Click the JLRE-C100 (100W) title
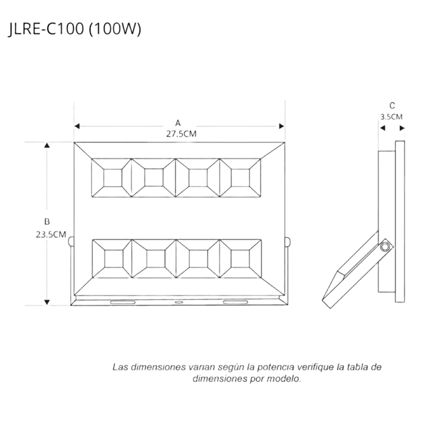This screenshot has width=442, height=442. click(x=75, y=29)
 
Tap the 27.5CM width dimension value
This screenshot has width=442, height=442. click(x=181, y=134)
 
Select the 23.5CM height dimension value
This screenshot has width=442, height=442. click(x=51, y=235)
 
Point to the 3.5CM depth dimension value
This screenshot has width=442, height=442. click(x=391, y=116)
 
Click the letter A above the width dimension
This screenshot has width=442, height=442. click(x=178, y=123)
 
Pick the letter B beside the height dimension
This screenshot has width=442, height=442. click(x=47, y=222)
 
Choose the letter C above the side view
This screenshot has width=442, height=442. click(x=392, y=106)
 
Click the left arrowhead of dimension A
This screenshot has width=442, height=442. click(x=77, y=126)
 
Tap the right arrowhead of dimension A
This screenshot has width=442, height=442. click(x=282, y=126)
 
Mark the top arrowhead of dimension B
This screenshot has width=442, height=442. click(x=47, y=145)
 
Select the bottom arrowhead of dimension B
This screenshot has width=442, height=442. click(x=47, y=303)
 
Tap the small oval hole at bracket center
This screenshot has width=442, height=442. click(x=178, y=302)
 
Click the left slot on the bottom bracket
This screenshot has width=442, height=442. click(x=123, y=302)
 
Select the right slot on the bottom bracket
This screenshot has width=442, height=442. click(x=236, y=302)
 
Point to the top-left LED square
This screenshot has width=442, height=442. click(x=113, y=178)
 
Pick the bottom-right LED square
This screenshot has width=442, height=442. click(x=240, y=258)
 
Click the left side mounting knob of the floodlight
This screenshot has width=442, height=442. click(x=71, y=242)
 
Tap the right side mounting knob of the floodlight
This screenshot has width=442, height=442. click(x=287, y=242)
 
